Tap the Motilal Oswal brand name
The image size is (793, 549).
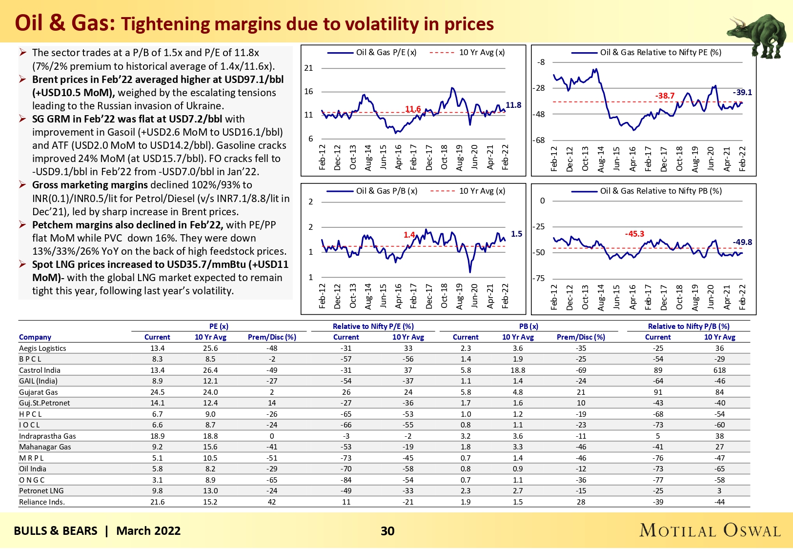(710, 530)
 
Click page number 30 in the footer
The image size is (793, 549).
(387, 531)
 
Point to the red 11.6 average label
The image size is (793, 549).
(413, 109)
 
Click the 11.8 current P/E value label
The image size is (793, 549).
(513, 105)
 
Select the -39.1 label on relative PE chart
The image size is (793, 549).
(742, 92)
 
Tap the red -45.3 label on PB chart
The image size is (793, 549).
(634, 234)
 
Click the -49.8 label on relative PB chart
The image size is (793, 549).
(742, 242)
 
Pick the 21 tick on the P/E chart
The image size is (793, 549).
(308, 68)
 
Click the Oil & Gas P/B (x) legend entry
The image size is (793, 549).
(386, 191)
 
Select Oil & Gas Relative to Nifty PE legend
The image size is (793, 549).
(660, 52)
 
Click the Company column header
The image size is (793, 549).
(35, 337)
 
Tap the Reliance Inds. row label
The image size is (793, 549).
(42, 502)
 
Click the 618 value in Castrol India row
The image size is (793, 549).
(719, 370)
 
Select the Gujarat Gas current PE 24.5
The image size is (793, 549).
(157, 392)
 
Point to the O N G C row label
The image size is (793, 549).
(32, 480)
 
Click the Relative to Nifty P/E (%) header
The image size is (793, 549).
(373, 326)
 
